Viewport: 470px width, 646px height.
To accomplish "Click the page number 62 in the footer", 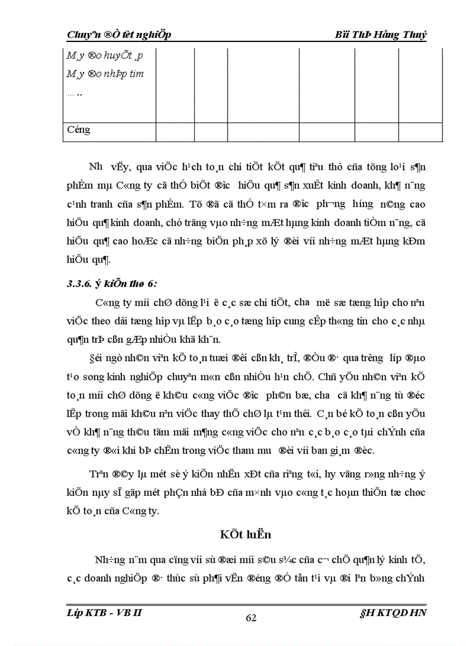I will [x=251, y=618].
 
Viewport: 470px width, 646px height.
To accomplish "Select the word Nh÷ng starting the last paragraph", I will [x=107, y=558].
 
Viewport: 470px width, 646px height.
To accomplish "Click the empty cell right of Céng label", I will [x=175, y=130].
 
